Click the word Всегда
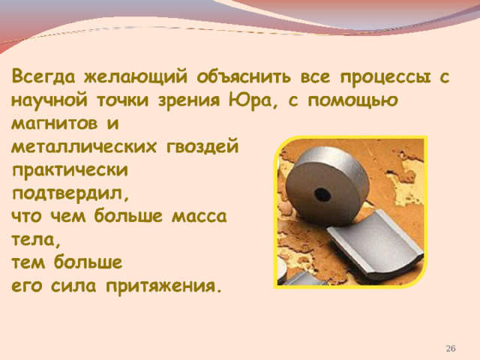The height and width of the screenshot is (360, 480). tap(43, 77)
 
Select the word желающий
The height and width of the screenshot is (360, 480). tap(136, 77)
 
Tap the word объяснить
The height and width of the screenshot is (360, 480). tap(244, 76)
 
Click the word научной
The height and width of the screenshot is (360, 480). tap(49, 100)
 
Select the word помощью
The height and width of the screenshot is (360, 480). tap(352, 101)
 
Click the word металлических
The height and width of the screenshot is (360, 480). tap(83, 147)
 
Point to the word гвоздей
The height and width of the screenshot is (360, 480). tap(202, 146)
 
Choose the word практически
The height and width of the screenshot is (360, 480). tap(70, 170)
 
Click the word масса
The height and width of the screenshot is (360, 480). tap(199, 217)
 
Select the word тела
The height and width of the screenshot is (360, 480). tap(35, 240)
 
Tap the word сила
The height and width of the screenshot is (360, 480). tap(73, 286)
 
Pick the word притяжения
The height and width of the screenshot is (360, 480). tap(163, 286)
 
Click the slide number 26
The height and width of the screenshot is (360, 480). tap(451, 348)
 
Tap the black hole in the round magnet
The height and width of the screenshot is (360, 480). tap(322, 193)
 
